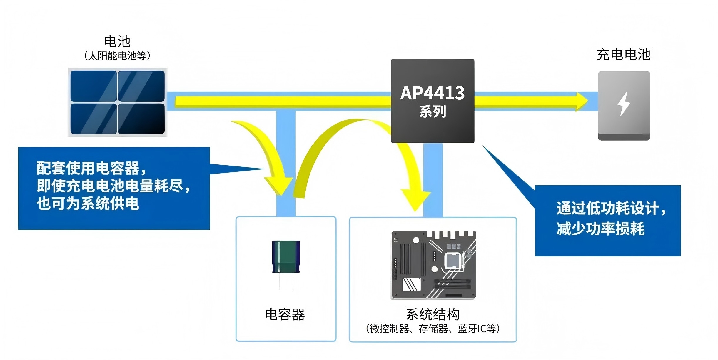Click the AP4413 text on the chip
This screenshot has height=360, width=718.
432,93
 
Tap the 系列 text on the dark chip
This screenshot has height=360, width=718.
433,111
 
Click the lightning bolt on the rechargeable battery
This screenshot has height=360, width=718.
624,104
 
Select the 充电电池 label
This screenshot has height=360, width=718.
623,55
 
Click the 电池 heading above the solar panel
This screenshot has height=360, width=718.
117,41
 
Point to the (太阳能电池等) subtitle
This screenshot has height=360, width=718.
117,56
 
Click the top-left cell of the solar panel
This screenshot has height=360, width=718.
93,86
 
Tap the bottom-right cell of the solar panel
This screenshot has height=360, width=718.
141,119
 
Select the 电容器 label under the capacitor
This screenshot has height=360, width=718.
285,314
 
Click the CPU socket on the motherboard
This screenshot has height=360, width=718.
453,261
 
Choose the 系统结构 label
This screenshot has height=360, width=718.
433,314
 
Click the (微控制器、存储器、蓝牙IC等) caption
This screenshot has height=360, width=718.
433,329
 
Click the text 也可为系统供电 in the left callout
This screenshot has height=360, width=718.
88,204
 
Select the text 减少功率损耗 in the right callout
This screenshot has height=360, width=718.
600,229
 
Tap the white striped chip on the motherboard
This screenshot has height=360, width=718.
411,284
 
